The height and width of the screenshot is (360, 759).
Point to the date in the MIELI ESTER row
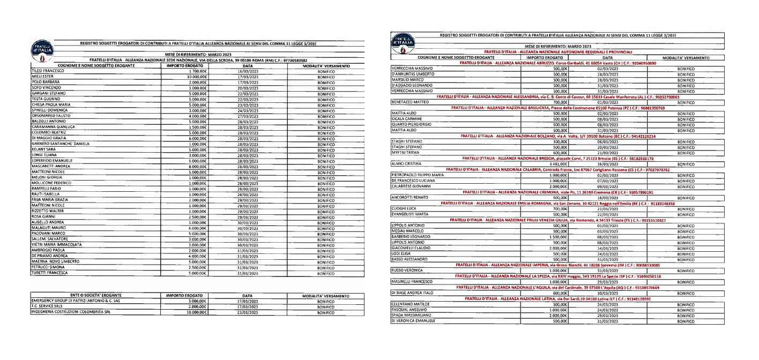pyautogui.click(x=244, y=77)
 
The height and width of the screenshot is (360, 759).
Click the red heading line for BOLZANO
pyautogui.click(x=555, y=136)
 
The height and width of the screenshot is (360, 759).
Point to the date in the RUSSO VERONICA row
pyautogui.click(x=607, y=271)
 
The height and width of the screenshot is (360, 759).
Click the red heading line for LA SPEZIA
pyautogui.click(x=555, y=276)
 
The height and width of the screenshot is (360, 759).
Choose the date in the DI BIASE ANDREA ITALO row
pyautogui.click(x=607, y=293)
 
